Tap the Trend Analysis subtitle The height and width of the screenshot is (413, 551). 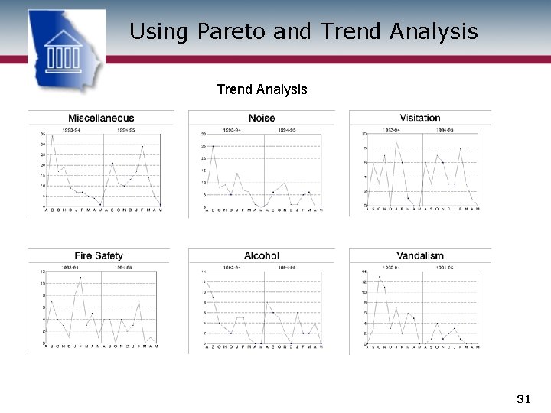[262, 89]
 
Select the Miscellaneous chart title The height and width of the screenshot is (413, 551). [101, 118]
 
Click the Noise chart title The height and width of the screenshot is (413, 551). [262, 118]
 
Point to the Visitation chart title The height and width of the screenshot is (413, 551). [420, 118]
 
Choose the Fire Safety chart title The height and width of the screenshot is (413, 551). [99, 255]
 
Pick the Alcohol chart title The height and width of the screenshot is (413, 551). [262, 255]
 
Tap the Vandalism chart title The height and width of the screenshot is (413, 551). [420, 255]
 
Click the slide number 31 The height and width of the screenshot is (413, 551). [524, 399]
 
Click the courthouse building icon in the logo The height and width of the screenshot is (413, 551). [66, 51]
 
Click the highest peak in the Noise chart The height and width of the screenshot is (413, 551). [213, 146]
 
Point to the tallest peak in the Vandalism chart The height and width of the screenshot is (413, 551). [379, 276]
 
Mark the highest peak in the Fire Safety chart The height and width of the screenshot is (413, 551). [81, 277]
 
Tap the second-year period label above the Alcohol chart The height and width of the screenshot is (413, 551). [286, 268]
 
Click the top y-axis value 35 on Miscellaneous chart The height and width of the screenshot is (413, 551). [43, 135]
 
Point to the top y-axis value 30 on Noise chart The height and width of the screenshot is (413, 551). [204, 135]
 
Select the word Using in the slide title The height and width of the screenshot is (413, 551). [158, 31]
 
